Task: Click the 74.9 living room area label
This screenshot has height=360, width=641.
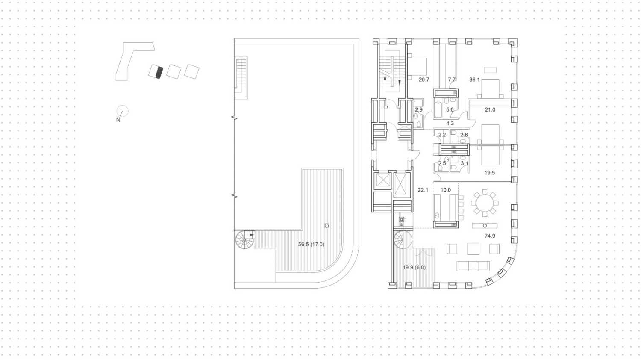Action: pos(490,236)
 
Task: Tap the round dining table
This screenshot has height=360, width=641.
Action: pos(484,203)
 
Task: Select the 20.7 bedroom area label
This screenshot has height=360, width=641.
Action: pos(423,80)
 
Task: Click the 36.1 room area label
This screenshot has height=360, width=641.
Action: pos(474,80)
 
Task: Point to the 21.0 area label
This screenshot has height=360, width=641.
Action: pos(490,110)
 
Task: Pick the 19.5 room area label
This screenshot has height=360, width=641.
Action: pos(489,173)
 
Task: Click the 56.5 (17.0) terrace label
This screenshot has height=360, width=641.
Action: pos(311,245)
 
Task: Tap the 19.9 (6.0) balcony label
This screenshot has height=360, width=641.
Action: pos(414,267)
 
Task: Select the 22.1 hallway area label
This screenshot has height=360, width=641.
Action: pos(423,190)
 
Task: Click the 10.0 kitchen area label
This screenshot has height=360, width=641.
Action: pos(445,190)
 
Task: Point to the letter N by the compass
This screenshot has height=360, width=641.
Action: pos(118,120)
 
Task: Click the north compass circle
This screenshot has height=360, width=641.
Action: pos(123,111)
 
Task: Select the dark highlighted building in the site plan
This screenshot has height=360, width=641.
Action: pos(159,72)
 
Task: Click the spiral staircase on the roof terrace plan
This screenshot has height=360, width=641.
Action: pos(245,239)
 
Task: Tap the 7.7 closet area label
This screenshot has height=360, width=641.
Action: pos(451,80)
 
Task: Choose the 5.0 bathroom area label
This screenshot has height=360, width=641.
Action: pos(450,110)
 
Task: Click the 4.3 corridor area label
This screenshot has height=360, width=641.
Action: pos(450,124)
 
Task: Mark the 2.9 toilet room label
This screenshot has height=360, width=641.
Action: pos(418,110)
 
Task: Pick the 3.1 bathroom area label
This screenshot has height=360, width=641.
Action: pos(464,163)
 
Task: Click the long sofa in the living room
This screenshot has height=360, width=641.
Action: pos(473,266)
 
